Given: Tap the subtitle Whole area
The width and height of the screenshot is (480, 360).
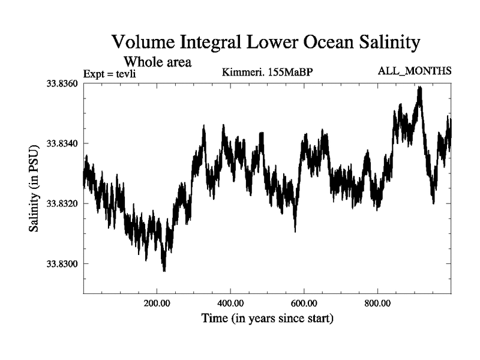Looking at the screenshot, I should coord(157,61).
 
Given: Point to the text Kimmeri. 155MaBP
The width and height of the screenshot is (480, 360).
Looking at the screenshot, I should coord(268,73).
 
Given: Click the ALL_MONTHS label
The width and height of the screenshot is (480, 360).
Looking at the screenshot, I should coord(415,71).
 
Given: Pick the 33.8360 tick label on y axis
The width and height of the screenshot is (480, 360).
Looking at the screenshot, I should coord(59,83).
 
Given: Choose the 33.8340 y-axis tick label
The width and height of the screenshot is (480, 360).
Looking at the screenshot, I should coord(59,143).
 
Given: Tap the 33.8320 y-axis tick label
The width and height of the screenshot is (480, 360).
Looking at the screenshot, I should coord(59,203).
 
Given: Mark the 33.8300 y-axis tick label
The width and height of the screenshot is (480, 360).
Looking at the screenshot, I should coord(59,264).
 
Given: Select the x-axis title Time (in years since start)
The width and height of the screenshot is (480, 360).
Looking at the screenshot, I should coord(267,318).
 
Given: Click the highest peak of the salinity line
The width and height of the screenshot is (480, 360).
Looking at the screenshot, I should coord(420,87).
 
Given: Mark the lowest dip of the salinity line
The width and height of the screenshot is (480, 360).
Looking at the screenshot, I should coord(164,271).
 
